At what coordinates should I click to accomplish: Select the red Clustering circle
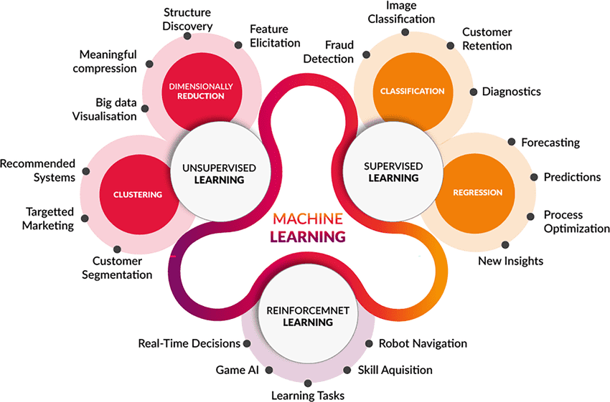coord(138,194)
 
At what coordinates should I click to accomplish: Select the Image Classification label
coord(401,12)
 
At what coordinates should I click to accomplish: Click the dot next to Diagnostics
coord(474,91)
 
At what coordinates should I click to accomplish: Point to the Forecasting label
coord(550,142)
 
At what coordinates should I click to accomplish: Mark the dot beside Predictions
coord(533,177)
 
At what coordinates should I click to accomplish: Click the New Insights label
coord(510,260)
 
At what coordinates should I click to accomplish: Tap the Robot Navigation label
coord(423,343)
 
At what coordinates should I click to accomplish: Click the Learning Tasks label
coord(307,395)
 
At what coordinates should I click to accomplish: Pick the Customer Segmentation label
coord(122,268)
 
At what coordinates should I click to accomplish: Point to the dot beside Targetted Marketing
coord(85,218)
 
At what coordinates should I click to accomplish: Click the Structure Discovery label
coord(188,19)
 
